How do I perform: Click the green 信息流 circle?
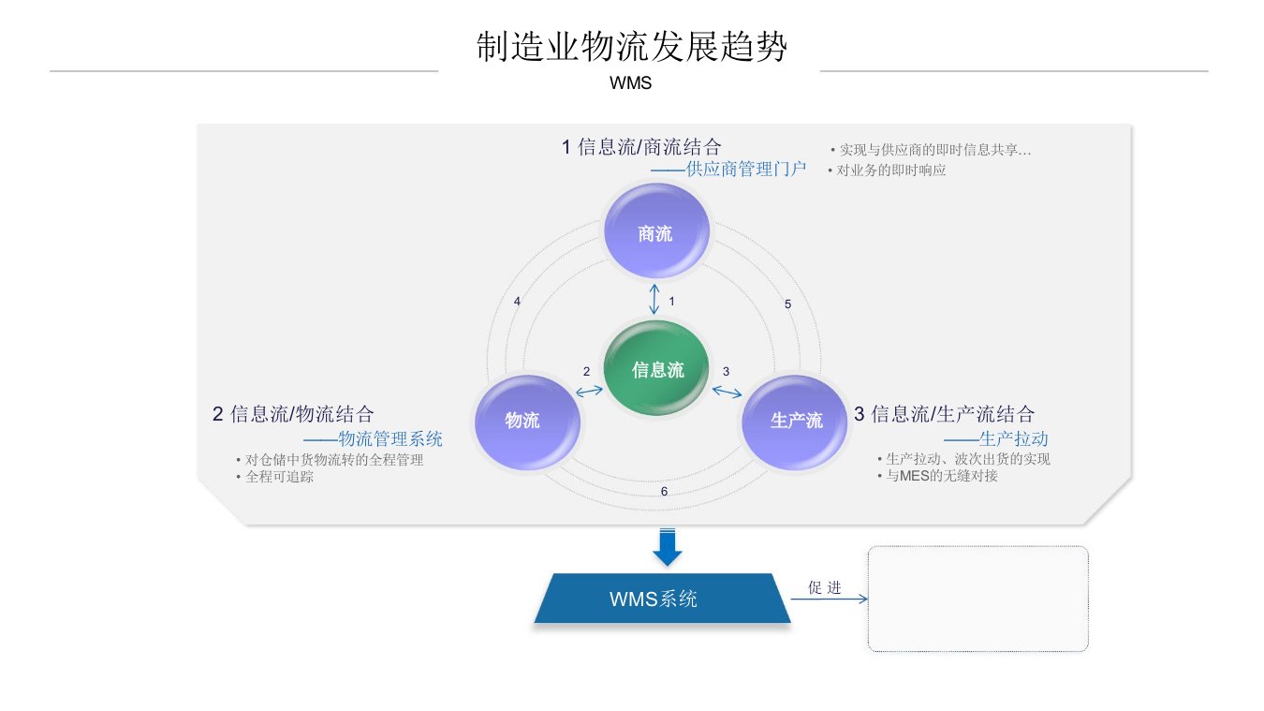657,370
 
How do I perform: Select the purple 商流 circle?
655,233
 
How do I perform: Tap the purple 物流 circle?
522,421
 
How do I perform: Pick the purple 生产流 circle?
796,421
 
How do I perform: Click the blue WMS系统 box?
662,599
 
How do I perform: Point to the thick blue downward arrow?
667,547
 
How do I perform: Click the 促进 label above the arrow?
825,587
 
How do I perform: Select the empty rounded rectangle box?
977,599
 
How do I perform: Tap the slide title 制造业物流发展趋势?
632,47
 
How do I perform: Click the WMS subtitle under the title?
630,82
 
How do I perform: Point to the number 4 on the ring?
517,302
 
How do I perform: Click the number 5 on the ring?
787,304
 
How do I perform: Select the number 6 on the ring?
664,492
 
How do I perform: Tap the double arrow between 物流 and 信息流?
589,391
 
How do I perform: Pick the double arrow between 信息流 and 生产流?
727,389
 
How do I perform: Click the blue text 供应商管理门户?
745,170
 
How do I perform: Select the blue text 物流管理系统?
389,439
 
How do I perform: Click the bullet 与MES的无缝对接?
942,476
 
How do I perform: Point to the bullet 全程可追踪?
279,477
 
